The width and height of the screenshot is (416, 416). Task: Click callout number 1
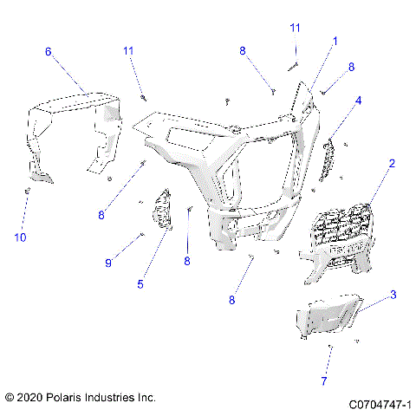coord(335,41)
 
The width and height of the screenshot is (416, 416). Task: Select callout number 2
coord(392,163)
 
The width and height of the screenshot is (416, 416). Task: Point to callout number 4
coord(358,100)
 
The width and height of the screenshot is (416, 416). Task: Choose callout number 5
coord(140,283)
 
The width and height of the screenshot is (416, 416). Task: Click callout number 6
coord(49,52)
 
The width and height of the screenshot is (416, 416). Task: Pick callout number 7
coord(323,380)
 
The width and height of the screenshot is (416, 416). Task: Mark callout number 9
coord(108,262)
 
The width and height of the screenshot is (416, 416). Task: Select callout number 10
coord(22,236)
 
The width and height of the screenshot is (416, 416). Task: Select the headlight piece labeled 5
coord(162,211)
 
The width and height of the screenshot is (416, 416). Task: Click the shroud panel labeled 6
coord(74,130)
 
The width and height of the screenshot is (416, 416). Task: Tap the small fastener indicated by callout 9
coord(140,234)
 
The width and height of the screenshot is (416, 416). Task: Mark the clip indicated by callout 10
coord(29,190)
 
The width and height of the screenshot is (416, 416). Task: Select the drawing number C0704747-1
coord(380,404)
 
